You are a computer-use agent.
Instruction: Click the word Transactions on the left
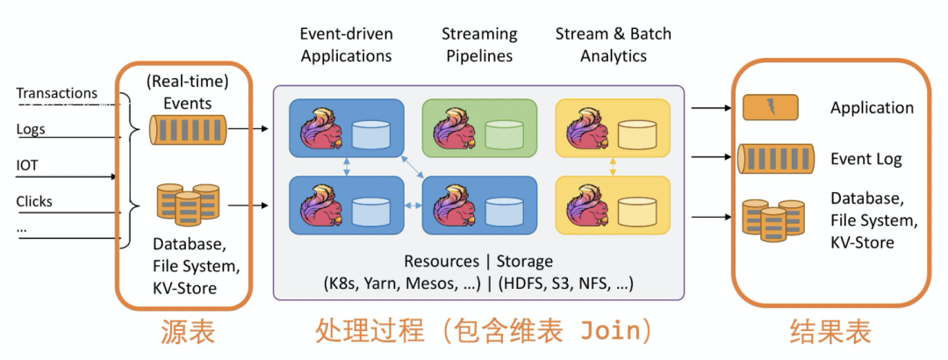coord(56,93)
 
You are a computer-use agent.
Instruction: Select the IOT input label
coord(26,164)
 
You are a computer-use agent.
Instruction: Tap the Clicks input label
coord(34,201)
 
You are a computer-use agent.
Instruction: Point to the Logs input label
coord(30,129)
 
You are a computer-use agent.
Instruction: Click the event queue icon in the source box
coord(188,129)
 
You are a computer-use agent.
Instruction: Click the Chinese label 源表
coord(188,332)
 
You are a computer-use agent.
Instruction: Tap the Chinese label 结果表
coord(830,332)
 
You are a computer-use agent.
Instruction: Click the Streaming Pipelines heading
coord(479,45)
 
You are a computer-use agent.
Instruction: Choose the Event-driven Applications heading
coord(347,45)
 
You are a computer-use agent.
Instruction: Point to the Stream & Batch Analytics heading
coord(613,45)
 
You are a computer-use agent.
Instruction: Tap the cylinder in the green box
coord(504,134)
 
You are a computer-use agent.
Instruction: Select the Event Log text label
coord(865,159)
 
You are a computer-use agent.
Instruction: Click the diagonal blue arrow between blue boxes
coord(411,166)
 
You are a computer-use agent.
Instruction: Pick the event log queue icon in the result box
coord(776,159)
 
